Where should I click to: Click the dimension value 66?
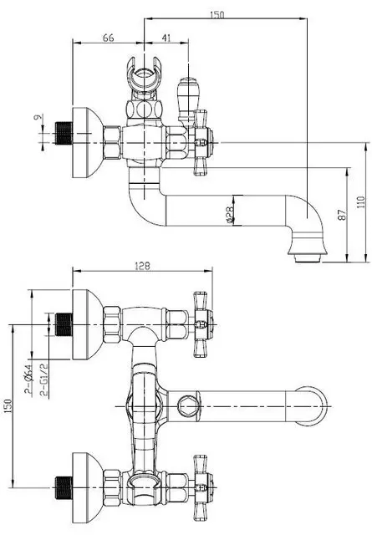tap(108, 38)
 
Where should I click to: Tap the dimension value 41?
tap(166, 38)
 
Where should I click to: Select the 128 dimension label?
tap(142, 266)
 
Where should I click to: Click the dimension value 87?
tap(342, 215)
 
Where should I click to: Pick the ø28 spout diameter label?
tap(230, 215)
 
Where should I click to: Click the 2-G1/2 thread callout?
tap(44, 379)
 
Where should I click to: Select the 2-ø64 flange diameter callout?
tap(28, 379)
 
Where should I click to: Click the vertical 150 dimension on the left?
tap(8, 406)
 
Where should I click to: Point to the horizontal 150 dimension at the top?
tap(217, 15)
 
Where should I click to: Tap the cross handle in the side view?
tap(201, 142)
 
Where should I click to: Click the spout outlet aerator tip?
tap(307, 258)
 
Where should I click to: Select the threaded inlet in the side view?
tap(64, 133)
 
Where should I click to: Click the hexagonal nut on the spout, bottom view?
tap(188, 406)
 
